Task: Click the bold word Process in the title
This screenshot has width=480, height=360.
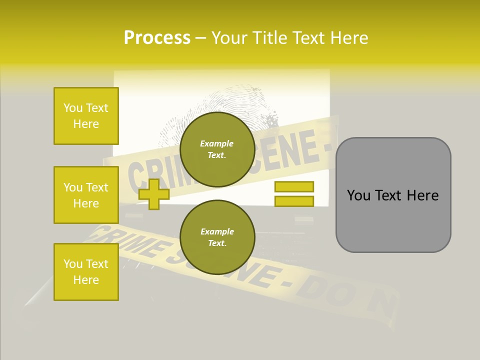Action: (x=157, y=38)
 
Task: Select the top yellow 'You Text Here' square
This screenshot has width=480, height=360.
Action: (x=86, y=116)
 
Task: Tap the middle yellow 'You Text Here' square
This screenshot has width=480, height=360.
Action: (x=86, y=195)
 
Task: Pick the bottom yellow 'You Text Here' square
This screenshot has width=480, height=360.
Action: (x=86, y=272)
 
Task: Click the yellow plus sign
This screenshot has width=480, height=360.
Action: (x=153, y=193)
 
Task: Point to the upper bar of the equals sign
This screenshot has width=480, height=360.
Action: (x=294, y=186)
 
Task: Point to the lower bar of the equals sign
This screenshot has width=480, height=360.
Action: (x=294, y=201)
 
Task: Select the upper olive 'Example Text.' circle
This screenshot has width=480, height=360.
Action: (x=217, y=149)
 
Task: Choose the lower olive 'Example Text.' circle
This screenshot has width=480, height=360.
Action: (x=217, y=237)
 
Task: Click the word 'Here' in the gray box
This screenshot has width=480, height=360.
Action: (x=422, y=195)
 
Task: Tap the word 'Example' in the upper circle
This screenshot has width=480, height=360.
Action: (x=217, y=143)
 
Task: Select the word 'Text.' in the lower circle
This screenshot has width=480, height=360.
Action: (x=217, y=243)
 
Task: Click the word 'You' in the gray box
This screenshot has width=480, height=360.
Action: (x=358, y=195)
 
